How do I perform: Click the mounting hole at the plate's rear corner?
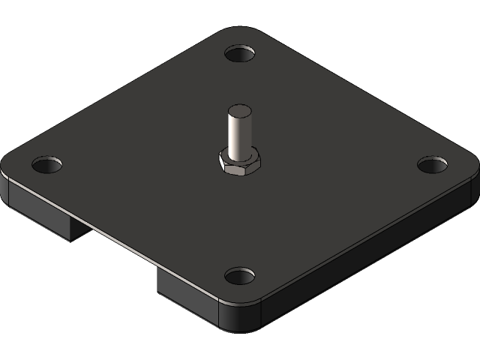click(239, 55)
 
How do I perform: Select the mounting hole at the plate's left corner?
click(46, 163)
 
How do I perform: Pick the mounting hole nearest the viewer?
click(239, 276)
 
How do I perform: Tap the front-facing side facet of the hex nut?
click(240, 171)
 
